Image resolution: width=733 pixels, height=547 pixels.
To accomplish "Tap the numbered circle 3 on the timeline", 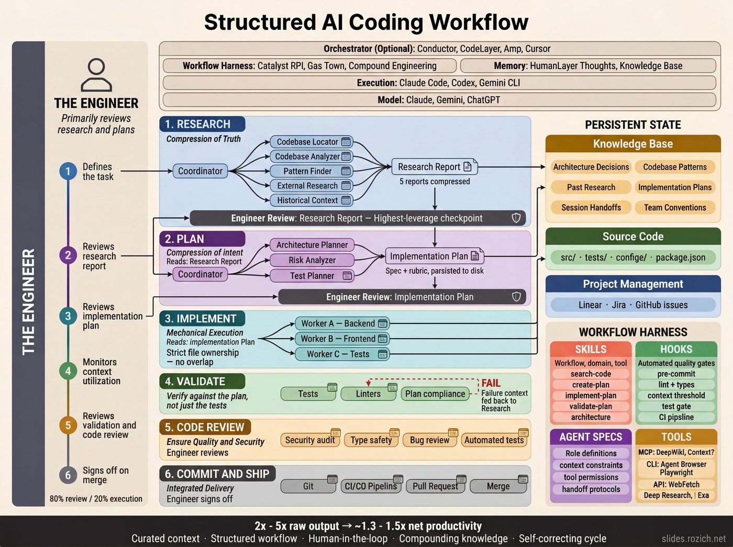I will pyautogui.click(x=68, y=316).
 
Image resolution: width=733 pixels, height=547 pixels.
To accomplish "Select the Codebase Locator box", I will pyautogui.click(x=312, y=142).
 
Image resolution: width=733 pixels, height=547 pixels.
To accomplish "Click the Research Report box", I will pyautogui.click(x=434, y=167).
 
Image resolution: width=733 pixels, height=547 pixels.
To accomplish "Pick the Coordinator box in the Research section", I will pyautogui.click(x=201, y=171).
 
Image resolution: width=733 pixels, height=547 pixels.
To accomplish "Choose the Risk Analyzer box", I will pyautogui.click(x=312, y=260).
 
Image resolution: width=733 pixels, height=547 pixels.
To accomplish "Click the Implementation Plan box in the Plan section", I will pyautogui.click(x=434, y=256).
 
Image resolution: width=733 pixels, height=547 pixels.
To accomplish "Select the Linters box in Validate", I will pyautogui.click(x=368, y=394).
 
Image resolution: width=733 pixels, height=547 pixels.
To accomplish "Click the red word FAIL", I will pyautogui.click(x=491, y=383).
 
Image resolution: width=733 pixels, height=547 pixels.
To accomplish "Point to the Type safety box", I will pyautogui.click(x=371, y=440).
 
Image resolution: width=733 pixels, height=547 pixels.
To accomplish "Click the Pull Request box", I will pyautogui.click(x=435, y=486).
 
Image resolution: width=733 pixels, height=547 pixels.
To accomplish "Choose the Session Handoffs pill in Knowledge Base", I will pyautogui.click(x=591, y=207).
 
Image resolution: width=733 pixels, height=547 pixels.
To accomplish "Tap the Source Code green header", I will pyautogui.click(x=633, y=237).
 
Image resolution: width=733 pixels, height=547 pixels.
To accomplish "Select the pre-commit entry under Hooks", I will pyautogui.click(x=676, y=374).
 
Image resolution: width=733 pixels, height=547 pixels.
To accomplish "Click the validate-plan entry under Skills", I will pyautogui.click(x=591, y=406).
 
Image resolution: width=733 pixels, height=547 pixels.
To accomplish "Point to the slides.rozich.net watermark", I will pyautogui.click(x=693, y=539).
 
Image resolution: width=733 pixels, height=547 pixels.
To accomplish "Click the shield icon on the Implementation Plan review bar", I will pyautogui.click(x=516, y=297).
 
